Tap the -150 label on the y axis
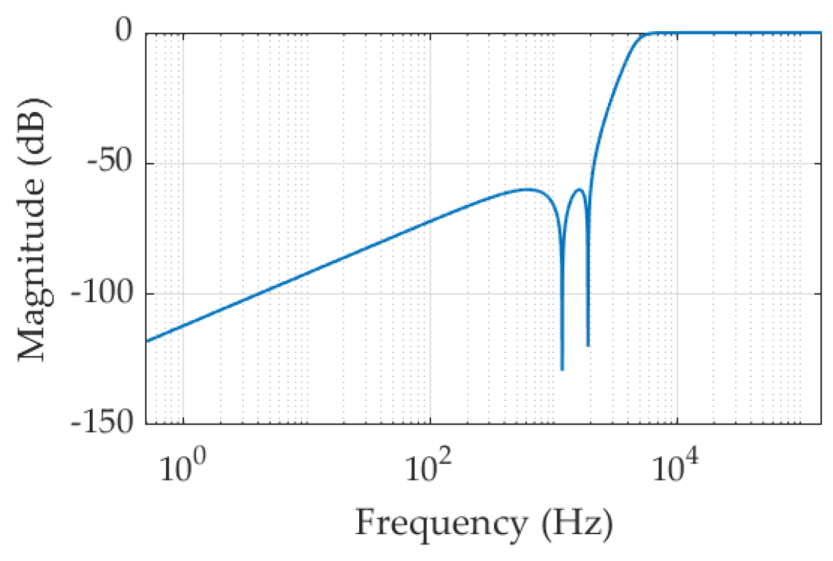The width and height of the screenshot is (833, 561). click(x=101, y=422)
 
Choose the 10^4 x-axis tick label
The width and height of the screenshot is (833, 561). click(x=675, y=466)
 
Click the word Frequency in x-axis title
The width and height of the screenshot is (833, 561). click(x=441, y=524)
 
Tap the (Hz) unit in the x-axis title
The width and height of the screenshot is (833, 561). click(x=577, y=524)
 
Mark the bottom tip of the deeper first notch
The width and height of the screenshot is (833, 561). click(x=562, y=369)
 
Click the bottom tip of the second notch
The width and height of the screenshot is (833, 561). click(x=588, y=345)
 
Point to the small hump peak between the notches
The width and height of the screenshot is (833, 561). click(x=579, y=189)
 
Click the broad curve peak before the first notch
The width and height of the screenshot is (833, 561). click(x=526, y=189)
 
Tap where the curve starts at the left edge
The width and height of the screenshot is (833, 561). click(x=147, y=341)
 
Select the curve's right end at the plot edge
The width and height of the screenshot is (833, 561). click(x=820, y=33)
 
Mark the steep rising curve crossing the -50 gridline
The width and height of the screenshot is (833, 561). click(x=593, y=163)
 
